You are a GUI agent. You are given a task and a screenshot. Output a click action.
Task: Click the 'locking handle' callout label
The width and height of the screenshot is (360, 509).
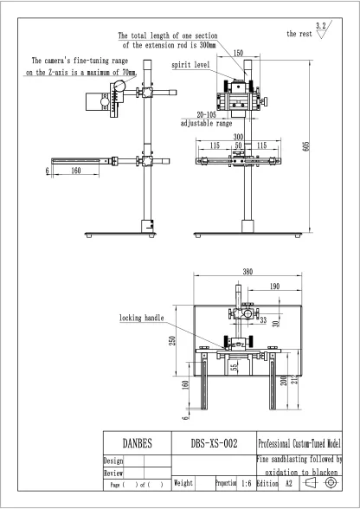(141, 318)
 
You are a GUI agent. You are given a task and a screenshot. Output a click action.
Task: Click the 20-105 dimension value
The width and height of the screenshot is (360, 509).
(208, 114)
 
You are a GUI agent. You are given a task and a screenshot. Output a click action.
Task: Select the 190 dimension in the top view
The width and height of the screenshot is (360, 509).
(273, 286)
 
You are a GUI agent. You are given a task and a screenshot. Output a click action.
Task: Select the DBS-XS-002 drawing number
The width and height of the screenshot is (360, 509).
(213, 443)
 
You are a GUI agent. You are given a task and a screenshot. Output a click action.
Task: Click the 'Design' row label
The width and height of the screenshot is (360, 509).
(113, 461)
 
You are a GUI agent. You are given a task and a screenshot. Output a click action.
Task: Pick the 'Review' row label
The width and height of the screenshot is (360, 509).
(113, 474)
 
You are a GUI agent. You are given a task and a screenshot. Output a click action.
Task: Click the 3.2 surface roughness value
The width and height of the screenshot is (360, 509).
(322, 26)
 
